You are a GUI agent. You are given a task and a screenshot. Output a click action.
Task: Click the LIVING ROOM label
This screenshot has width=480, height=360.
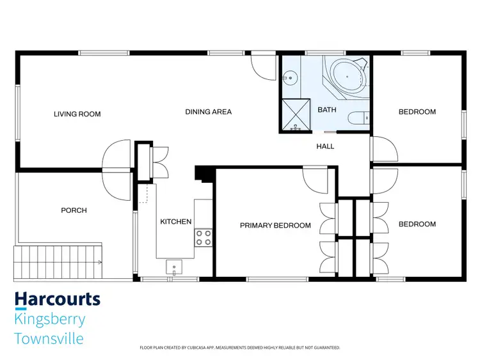77,114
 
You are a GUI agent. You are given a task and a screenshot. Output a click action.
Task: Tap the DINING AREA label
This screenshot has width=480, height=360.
208,112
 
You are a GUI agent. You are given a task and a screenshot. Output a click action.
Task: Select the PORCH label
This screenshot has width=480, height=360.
74,210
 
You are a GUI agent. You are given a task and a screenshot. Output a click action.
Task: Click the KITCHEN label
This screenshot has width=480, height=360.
175,222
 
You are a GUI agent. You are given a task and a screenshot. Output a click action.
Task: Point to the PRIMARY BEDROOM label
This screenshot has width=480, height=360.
275,226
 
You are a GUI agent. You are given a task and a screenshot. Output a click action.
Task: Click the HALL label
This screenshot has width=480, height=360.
325,146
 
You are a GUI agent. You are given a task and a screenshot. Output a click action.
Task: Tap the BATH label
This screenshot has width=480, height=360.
327,110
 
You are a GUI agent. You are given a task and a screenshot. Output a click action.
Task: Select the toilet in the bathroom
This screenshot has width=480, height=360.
358,118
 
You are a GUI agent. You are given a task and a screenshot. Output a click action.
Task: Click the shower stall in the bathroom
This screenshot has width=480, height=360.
296,115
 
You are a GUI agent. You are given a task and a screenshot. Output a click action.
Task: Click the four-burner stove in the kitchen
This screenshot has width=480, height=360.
204,238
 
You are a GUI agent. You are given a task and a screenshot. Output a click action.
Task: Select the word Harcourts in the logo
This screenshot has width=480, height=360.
57,299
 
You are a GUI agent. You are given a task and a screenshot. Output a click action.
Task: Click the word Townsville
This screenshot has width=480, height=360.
49,338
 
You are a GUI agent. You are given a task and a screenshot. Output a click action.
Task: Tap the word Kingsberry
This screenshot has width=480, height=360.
49,319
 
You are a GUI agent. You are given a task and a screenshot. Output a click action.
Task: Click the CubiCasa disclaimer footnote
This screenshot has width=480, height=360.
239,348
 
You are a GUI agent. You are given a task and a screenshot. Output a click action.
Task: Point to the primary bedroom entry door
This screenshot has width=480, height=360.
316,180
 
